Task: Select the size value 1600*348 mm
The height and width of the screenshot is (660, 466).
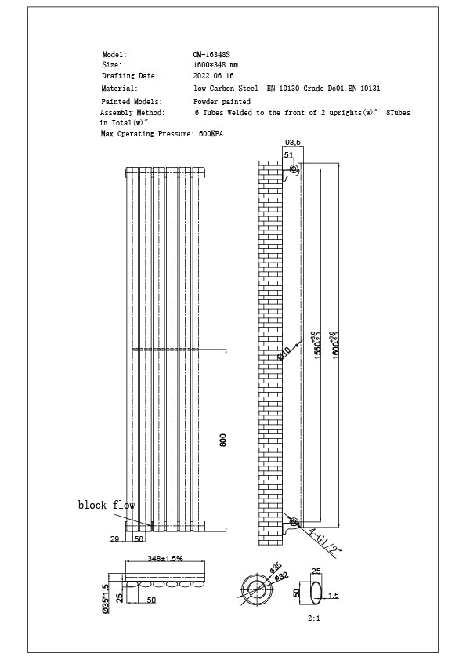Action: pyautogui.click(x=216, y=65)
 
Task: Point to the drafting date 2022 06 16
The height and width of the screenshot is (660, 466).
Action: pyautogui.click(x=213, y=76)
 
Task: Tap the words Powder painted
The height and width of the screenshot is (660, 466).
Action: pyautogui.click(x=222, y=102)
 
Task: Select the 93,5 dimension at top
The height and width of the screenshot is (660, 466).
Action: pyautogui.click(x=293, y=143)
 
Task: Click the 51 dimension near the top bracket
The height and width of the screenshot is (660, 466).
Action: pyautogui.click(x=288, y=155)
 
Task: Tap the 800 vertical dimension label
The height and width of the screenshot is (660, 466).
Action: pyautogui.click(x=223, y=441)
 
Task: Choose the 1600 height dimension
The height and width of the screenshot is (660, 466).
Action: pyautogui.click(x=336, y=343)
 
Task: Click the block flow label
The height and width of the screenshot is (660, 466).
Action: pyautogui.click(x=107, y=506)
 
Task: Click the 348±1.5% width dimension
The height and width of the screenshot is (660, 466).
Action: pyautogui.click(x=165, y=559)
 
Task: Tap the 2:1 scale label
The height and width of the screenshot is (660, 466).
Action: pyautogui.click(x=314, y=618)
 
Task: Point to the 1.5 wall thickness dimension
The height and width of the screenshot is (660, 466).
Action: pyautogui.click(x=334, y=597)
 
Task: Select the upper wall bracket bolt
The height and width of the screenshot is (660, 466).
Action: pyautogui.click(x=294, y=170)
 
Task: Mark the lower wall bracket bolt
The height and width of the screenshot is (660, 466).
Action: pyautogui.click(x=294, y=521)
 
